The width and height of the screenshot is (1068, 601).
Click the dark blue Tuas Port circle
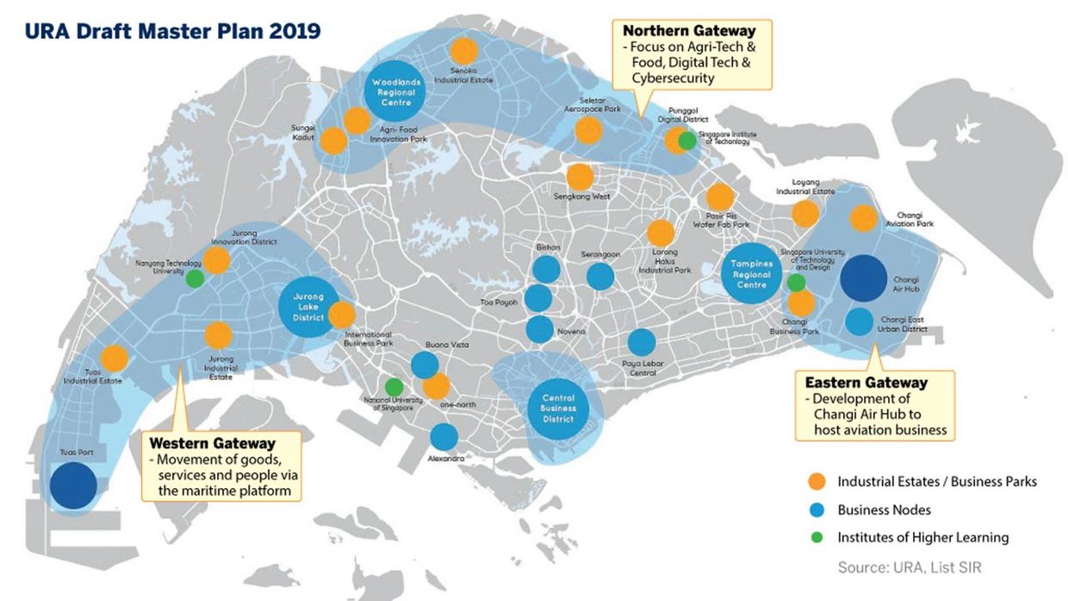[x=72, y=485]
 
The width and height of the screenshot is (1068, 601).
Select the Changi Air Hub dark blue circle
[x=862, y=278]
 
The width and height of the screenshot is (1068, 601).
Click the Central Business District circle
[x=557, y=407]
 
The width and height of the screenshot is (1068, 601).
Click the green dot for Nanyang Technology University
[x=196, y=278]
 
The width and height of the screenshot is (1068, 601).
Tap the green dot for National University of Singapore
[x=394, y=387]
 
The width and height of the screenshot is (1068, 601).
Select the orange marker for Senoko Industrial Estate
[x=463, y=51]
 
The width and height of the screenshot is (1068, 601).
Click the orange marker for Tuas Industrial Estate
[x=115, y=358]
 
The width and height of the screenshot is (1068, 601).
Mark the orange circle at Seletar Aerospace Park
[x=588, y=130]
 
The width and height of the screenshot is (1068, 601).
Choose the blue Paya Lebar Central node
[x=641, y=342]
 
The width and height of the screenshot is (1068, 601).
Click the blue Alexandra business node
[x=444, y=437]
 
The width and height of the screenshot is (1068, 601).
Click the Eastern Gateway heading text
[x=866, y=382]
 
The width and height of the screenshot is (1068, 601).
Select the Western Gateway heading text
[x=212, y=442]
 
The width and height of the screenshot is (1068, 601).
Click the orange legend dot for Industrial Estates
[x=818, y=481]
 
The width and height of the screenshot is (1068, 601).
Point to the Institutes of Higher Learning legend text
[x=922, y=537]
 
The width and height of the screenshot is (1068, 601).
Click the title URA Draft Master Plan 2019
[x=173, y=31]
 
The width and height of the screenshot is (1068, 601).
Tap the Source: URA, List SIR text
[x=909, y=567]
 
